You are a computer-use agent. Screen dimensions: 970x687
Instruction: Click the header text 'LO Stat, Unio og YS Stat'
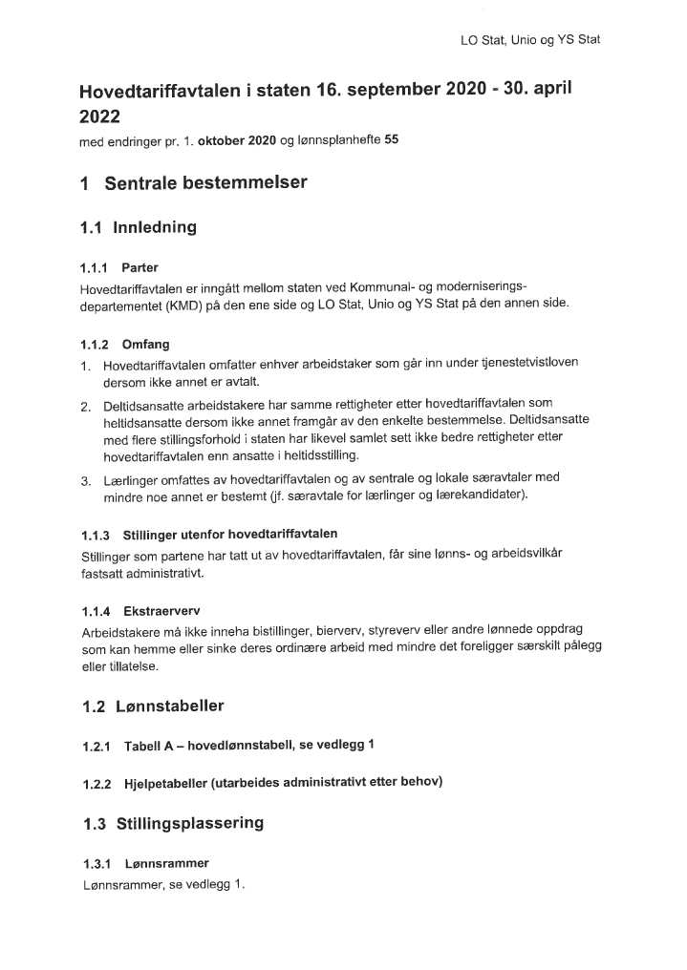coord(529,40)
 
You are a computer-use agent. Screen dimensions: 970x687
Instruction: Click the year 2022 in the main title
coord(100,117)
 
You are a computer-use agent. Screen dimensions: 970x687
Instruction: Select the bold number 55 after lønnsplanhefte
coord(391,141)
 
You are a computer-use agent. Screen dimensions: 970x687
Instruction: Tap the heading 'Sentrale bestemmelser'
coord(205,182)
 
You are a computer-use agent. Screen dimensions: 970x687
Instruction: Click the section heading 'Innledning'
coord(154,227)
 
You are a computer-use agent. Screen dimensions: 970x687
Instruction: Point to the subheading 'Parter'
coord(140,268)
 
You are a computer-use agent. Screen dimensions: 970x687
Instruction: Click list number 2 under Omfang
coord(85,407)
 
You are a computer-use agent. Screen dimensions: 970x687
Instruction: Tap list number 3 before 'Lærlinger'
coord(85,478)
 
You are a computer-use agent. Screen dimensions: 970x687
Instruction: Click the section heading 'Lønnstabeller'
coord(169,706)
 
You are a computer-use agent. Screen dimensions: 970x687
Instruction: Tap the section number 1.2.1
coord(97,746)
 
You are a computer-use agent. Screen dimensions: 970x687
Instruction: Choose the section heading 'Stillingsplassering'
coord(189,823)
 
